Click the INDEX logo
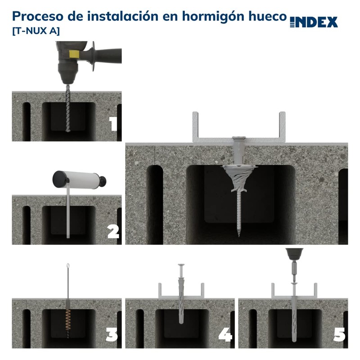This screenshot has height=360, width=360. click(314, 22)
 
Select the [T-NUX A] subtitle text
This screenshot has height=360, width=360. click(35, 31)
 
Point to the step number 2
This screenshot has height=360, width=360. click(113, 231)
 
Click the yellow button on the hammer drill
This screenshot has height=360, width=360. click(72, 54)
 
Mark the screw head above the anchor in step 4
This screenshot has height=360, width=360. click(181, 266)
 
